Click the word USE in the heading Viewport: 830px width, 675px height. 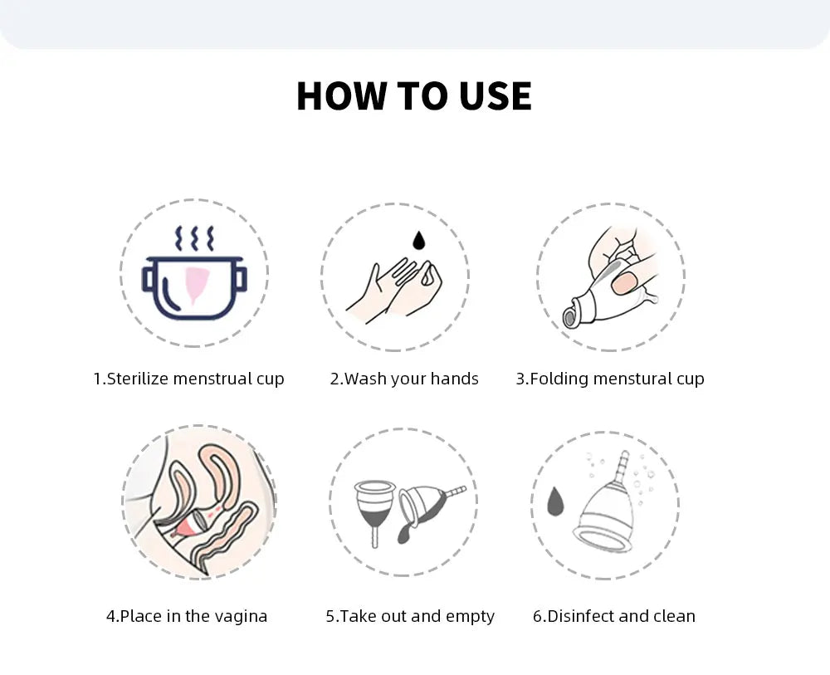coord(496,96)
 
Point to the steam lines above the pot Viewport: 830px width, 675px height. coord(194,239)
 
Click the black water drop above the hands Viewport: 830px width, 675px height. coord(418,240)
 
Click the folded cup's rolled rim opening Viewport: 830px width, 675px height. coord(569,318)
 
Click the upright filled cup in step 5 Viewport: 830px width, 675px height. coord(375,511)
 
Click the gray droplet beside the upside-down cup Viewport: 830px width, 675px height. coord(554,501)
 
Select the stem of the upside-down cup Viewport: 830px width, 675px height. coord(623,466)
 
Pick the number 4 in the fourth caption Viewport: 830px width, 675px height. coord(110,617)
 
